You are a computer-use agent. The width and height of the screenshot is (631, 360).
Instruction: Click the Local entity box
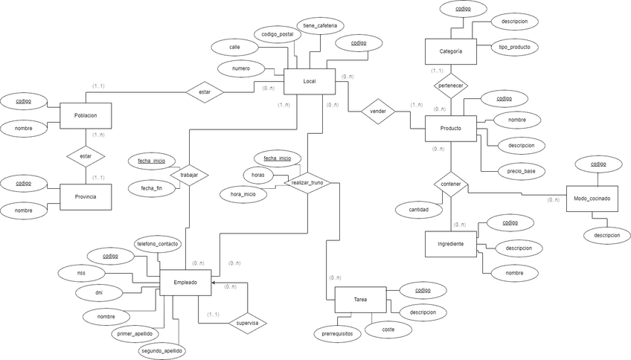(x=310, y=81)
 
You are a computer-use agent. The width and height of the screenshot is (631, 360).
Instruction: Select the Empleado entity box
(x=185, y=282)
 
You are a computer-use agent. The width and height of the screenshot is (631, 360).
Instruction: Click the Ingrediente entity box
(x=451, y=244)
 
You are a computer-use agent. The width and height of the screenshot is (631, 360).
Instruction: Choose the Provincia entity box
(x=86, y=196)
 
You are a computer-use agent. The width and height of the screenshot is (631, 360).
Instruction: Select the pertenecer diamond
(x=452, y=86)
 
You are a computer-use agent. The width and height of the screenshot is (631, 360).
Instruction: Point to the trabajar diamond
(x=189, y=174)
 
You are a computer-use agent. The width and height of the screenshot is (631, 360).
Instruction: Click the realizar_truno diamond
(x=308, y=182)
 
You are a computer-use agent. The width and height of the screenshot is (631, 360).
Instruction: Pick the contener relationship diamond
(x=451, y=182)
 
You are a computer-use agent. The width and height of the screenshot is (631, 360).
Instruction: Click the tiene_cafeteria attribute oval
(x=321, y=26)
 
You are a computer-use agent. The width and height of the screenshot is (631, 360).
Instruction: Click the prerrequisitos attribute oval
(x=338, y=334)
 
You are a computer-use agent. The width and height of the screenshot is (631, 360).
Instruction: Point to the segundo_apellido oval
(x=161, y=350)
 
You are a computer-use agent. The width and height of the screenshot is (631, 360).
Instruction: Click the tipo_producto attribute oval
(x=515, y=48)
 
